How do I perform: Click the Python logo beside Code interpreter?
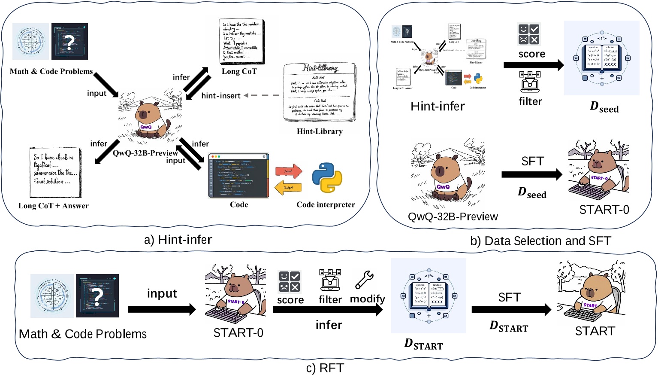[x=327, y=177]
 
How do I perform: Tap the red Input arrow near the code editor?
[x=289, y=171]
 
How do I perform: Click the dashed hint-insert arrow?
[x=262, y=95]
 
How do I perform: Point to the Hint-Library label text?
[x=320, y=131]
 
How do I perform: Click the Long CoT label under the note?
[x=239, y=71]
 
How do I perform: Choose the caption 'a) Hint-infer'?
[x=178, y=240]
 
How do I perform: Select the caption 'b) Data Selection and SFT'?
[x=540, y=241]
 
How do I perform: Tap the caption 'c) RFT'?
[x=325, y=368]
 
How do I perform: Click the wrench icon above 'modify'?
[x=365, y=280]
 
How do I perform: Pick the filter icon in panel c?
[x=330, y=280]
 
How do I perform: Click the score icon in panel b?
[x=528, y=34]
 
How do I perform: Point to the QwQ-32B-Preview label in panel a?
[x=145, y=153]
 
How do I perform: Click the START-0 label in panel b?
[x=604, y=210]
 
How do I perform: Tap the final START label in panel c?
[x=595, y=331]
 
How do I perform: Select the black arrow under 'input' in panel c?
[x=162, y=309]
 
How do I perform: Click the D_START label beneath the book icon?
[x=423, y=345]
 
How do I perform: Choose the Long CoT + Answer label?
[x=54, y=206]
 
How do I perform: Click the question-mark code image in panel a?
[x=69, y=41]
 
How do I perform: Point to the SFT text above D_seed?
[x=532, y=161]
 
